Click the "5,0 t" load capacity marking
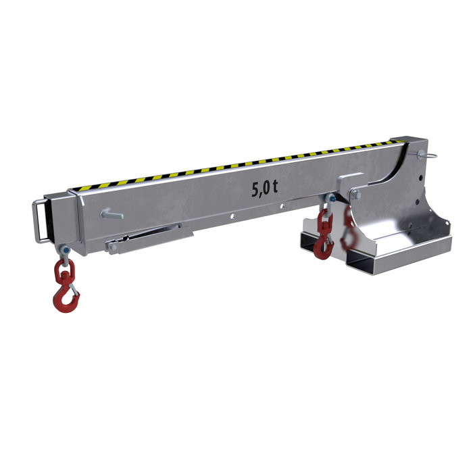click(x=264, y=188)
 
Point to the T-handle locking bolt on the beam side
click(x=111, y=215)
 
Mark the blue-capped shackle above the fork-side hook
click(x=330, y=199)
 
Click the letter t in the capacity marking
click(x=275, y=186)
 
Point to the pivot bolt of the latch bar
click(x=114, y=248)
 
